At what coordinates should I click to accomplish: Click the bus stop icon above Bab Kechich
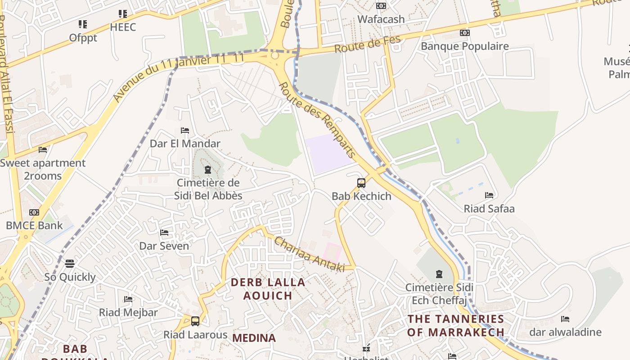click(361, 183)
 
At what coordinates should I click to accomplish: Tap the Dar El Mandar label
click(185, 144)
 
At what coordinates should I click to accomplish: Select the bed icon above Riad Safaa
click(489, 195)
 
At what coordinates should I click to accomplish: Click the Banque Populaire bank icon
click(464, 33)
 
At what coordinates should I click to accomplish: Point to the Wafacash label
click(381, 19)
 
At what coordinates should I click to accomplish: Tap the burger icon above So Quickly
click(69, 263)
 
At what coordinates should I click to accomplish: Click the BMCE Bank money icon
click(34, 212)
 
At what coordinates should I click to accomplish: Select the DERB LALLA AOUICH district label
click(268, 289)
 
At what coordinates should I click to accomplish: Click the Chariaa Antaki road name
click(309, 255)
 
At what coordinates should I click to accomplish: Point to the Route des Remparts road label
click(317, 120)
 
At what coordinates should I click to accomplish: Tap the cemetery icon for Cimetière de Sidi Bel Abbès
click(207, 170)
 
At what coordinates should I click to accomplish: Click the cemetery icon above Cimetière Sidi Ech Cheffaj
click(439, 274)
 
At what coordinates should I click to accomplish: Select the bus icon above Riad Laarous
click(195, 321)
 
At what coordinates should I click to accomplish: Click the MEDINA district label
click(254, 338)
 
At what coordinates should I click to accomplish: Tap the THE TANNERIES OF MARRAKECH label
click(456, 326)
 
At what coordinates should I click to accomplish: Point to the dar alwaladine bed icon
click(565, 319)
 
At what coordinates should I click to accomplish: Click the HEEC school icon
click(122, 14)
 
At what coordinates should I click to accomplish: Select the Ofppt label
click(83, 38)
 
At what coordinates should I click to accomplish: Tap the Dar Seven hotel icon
click(164, 233)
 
